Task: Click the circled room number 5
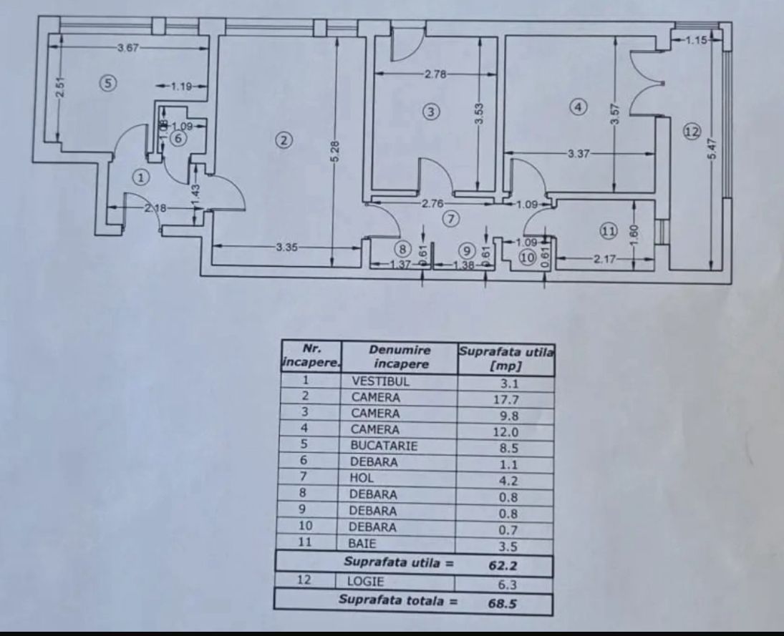(107, 84)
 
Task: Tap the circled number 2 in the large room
(284, 141)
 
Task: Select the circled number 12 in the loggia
(691, 132)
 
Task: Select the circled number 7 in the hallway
(450, 220)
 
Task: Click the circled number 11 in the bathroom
(608, 231)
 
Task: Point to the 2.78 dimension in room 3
(435, 74)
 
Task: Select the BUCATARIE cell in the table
(384, 446)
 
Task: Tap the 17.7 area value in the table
(505, 398)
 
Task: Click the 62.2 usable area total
(503, 564)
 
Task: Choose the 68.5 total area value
(503, 603)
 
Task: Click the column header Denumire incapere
(400, 356)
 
